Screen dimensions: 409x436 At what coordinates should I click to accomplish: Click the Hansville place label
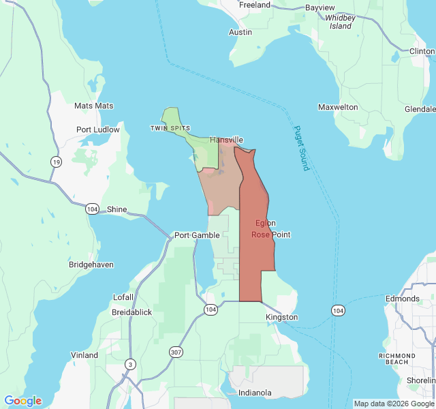pyautogui.click(x=226, y=140)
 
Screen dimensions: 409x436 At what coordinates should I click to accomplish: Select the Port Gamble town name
pyautogui.click(x=197, y=235)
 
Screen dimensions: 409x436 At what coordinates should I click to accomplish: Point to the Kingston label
pyautogui.click(x=281, y=317)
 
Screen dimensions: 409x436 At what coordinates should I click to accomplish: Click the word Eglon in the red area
pyautogui.click(x=266, y=224)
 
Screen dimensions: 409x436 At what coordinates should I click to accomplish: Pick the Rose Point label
pyautogui.click(x=270, y=234)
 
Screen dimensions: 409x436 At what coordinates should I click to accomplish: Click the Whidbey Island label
pyautogui.click(x=341, y=22)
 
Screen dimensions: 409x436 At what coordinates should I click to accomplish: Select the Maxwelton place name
pyautogui.click(x=338, y=107)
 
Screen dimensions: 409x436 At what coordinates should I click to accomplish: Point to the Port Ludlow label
pyautogui.click(x=97, y=130)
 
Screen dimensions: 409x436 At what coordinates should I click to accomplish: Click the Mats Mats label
pyautogui.click(x=93, y=106)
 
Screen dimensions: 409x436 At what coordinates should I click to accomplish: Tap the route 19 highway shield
pyautogui.click(x=54, y=162)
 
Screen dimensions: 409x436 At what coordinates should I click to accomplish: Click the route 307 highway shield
pyautogui.click(x=176, y=352)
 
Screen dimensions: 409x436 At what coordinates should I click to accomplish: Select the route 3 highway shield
pyautogui.click(x=129, y=365)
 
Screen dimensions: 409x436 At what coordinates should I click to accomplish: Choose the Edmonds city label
pyautogui.click(x=402, y=299)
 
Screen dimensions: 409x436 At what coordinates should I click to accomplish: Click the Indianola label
pyautogui.click(x=255, y=393)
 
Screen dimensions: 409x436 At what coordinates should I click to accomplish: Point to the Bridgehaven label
pyautogui.click(x=91, y=264)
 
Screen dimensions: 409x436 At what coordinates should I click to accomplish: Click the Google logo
pyautogui.click(x=22, y=401)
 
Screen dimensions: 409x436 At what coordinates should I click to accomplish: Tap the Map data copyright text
pyautogui.click(x=394, y=404)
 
